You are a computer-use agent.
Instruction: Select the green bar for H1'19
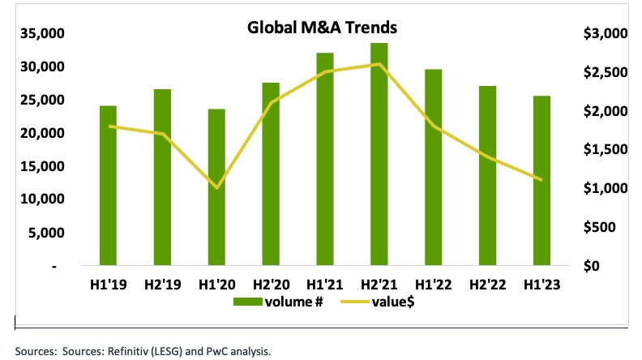pyautogui.click(x=108, y=186)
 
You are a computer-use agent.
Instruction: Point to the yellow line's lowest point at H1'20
pyautogui.click(x=216, y=188)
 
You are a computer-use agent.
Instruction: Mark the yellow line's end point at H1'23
pyautogui.click(x=542, y=180)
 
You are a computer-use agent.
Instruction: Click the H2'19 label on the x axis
pyautogui.click(x=162, y=285)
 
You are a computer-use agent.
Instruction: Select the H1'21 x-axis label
pyautogui.click(x=325, y=285)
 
